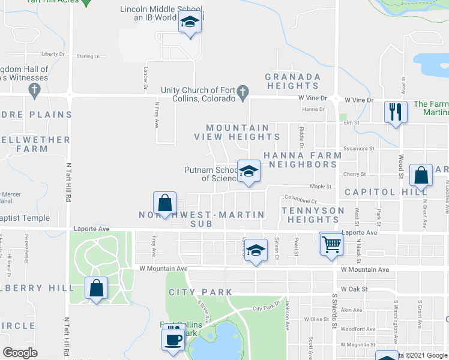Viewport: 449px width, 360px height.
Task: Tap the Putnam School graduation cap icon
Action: point(248,172)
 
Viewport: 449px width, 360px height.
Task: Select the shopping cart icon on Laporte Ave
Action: point(330,244)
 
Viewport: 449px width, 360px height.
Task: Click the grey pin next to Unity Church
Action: point(243,92)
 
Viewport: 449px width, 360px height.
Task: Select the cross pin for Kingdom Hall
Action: point(34,90)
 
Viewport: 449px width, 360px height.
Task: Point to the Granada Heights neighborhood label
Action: point(293,82)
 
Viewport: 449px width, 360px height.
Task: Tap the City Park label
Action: point(200,292)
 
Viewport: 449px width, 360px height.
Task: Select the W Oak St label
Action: point(353,289)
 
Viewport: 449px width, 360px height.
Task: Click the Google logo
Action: point(20,353)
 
